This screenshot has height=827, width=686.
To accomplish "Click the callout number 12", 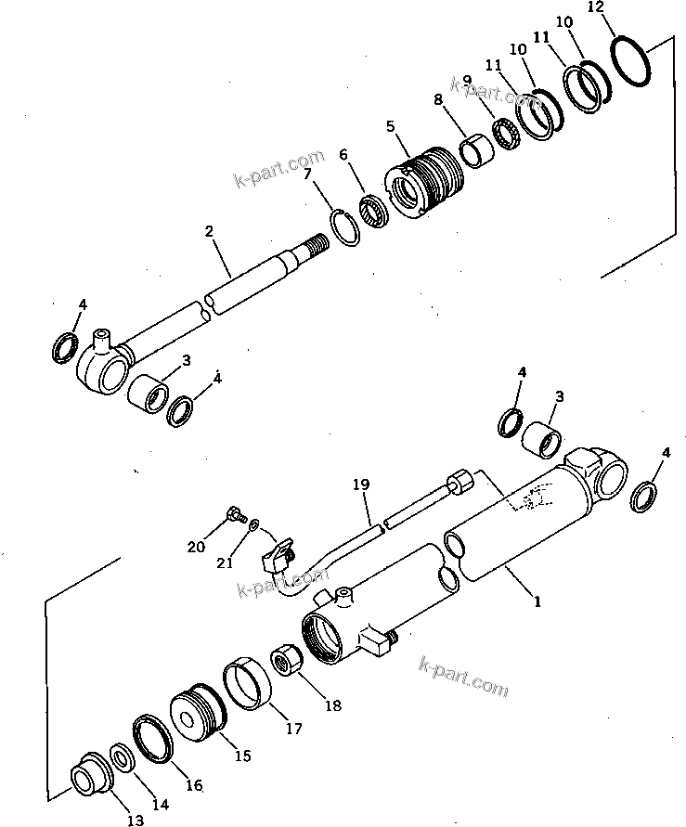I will (596, 7).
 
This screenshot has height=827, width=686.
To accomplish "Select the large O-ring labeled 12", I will (636, 62).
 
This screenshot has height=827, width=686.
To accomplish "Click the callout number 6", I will (343, 156).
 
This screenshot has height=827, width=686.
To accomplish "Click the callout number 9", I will (466, 81).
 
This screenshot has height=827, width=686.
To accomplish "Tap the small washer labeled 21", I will (253, 524).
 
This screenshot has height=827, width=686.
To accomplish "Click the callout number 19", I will (361, 484).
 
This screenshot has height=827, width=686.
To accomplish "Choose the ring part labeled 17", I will (248, 683).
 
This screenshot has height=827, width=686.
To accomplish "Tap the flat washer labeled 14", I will (120, 758).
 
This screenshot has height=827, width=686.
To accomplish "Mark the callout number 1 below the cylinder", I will (536, 601).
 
